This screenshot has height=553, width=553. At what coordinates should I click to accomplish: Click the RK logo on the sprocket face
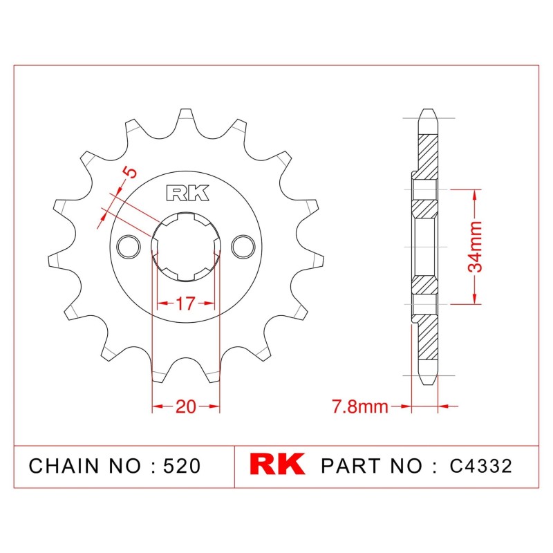tap(187, 193)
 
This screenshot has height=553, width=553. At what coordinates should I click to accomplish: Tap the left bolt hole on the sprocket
tap(129, 247)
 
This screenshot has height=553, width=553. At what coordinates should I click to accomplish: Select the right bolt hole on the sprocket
tap(243, 247)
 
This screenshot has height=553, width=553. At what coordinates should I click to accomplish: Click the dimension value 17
tap(185, 303)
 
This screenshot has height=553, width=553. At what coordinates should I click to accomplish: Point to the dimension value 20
tap(185, 406)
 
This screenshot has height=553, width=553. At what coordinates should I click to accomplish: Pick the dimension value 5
tap(130, 172)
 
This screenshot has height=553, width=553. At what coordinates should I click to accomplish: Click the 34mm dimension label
tap(475, 247)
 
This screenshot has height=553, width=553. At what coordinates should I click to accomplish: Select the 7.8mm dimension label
tap(359, 406)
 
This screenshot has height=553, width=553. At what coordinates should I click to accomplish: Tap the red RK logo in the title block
tap(277, 465)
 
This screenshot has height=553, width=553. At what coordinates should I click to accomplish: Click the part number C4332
tap(480, 466)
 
